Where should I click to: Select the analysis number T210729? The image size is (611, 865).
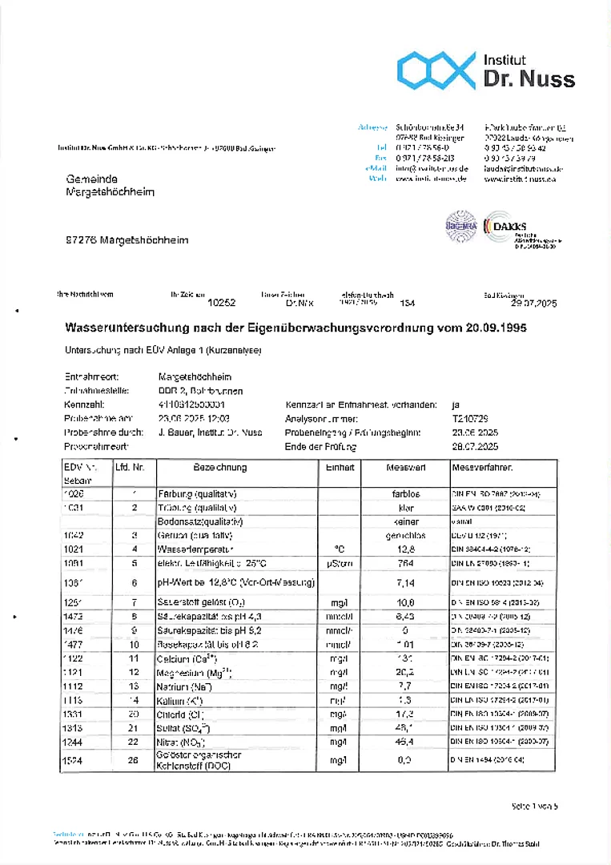(470, 419)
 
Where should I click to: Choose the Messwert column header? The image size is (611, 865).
(405, 468)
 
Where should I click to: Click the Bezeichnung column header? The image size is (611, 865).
(220, 468)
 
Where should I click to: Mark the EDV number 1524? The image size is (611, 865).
(74, 758)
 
